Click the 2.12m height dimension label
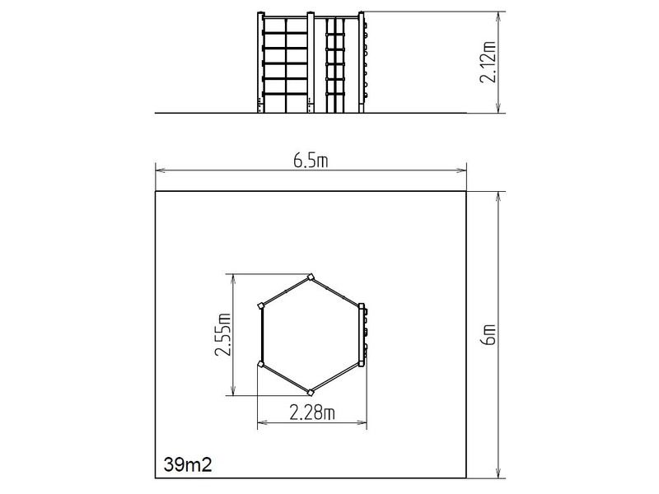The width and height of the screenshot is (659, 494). [x=488, y=62]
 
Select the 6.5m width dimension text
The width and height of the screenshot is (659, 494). [x=311, y=161]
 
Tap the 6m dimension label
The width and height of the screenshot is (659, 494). [x=489, y=334]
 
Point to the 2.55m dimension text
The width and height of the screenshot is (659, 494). [x=222, y=335]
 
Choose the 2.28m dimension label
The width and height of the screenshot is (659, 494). [x=312, y=412]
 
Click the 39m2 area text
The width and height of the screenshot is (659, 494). [x=188, y=464]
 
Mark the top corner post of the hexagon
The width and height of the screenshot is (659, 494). [x=311, y=277]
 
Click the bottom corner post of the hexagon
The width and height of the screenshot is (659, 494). [x=311, y=393]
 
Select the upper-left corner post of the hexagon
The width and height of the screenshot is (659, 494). [x=261, y=305]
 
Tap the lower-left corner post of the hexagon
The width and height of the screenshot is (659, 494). [x=261, y=364]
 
